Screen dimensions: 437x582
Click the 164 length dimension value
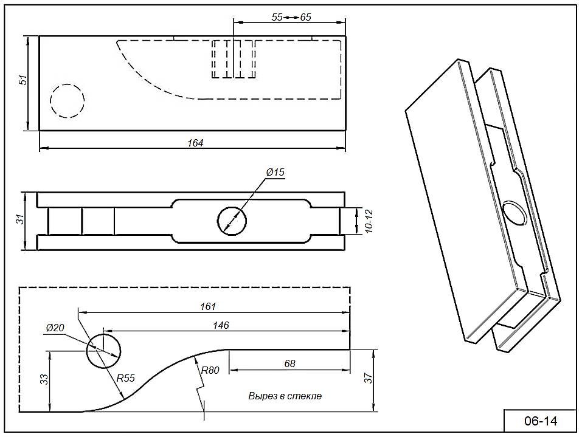point(195,143)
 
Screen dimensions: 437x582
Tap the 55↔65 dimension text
point(291,17)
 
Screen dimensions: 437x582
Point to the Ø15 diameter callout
point(275,173)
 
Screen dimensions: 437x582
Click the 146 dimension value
point(221,326)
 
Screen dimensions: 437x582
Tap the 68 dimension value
point(289,363)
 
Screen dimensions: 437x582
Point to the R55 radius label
point(125,378)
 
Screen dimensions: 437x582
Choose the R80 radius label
point(210,370)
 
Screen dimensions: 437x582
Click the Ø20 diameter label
point(55,328)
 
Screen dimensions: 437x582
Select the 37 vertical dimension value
point(368,379)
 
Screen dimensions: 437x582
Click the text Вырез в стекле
point(285,396)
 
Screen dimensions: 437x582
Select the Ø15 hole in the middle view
point(232,220)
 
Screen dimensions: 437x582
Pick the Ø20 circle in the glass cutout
point(103,350)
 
